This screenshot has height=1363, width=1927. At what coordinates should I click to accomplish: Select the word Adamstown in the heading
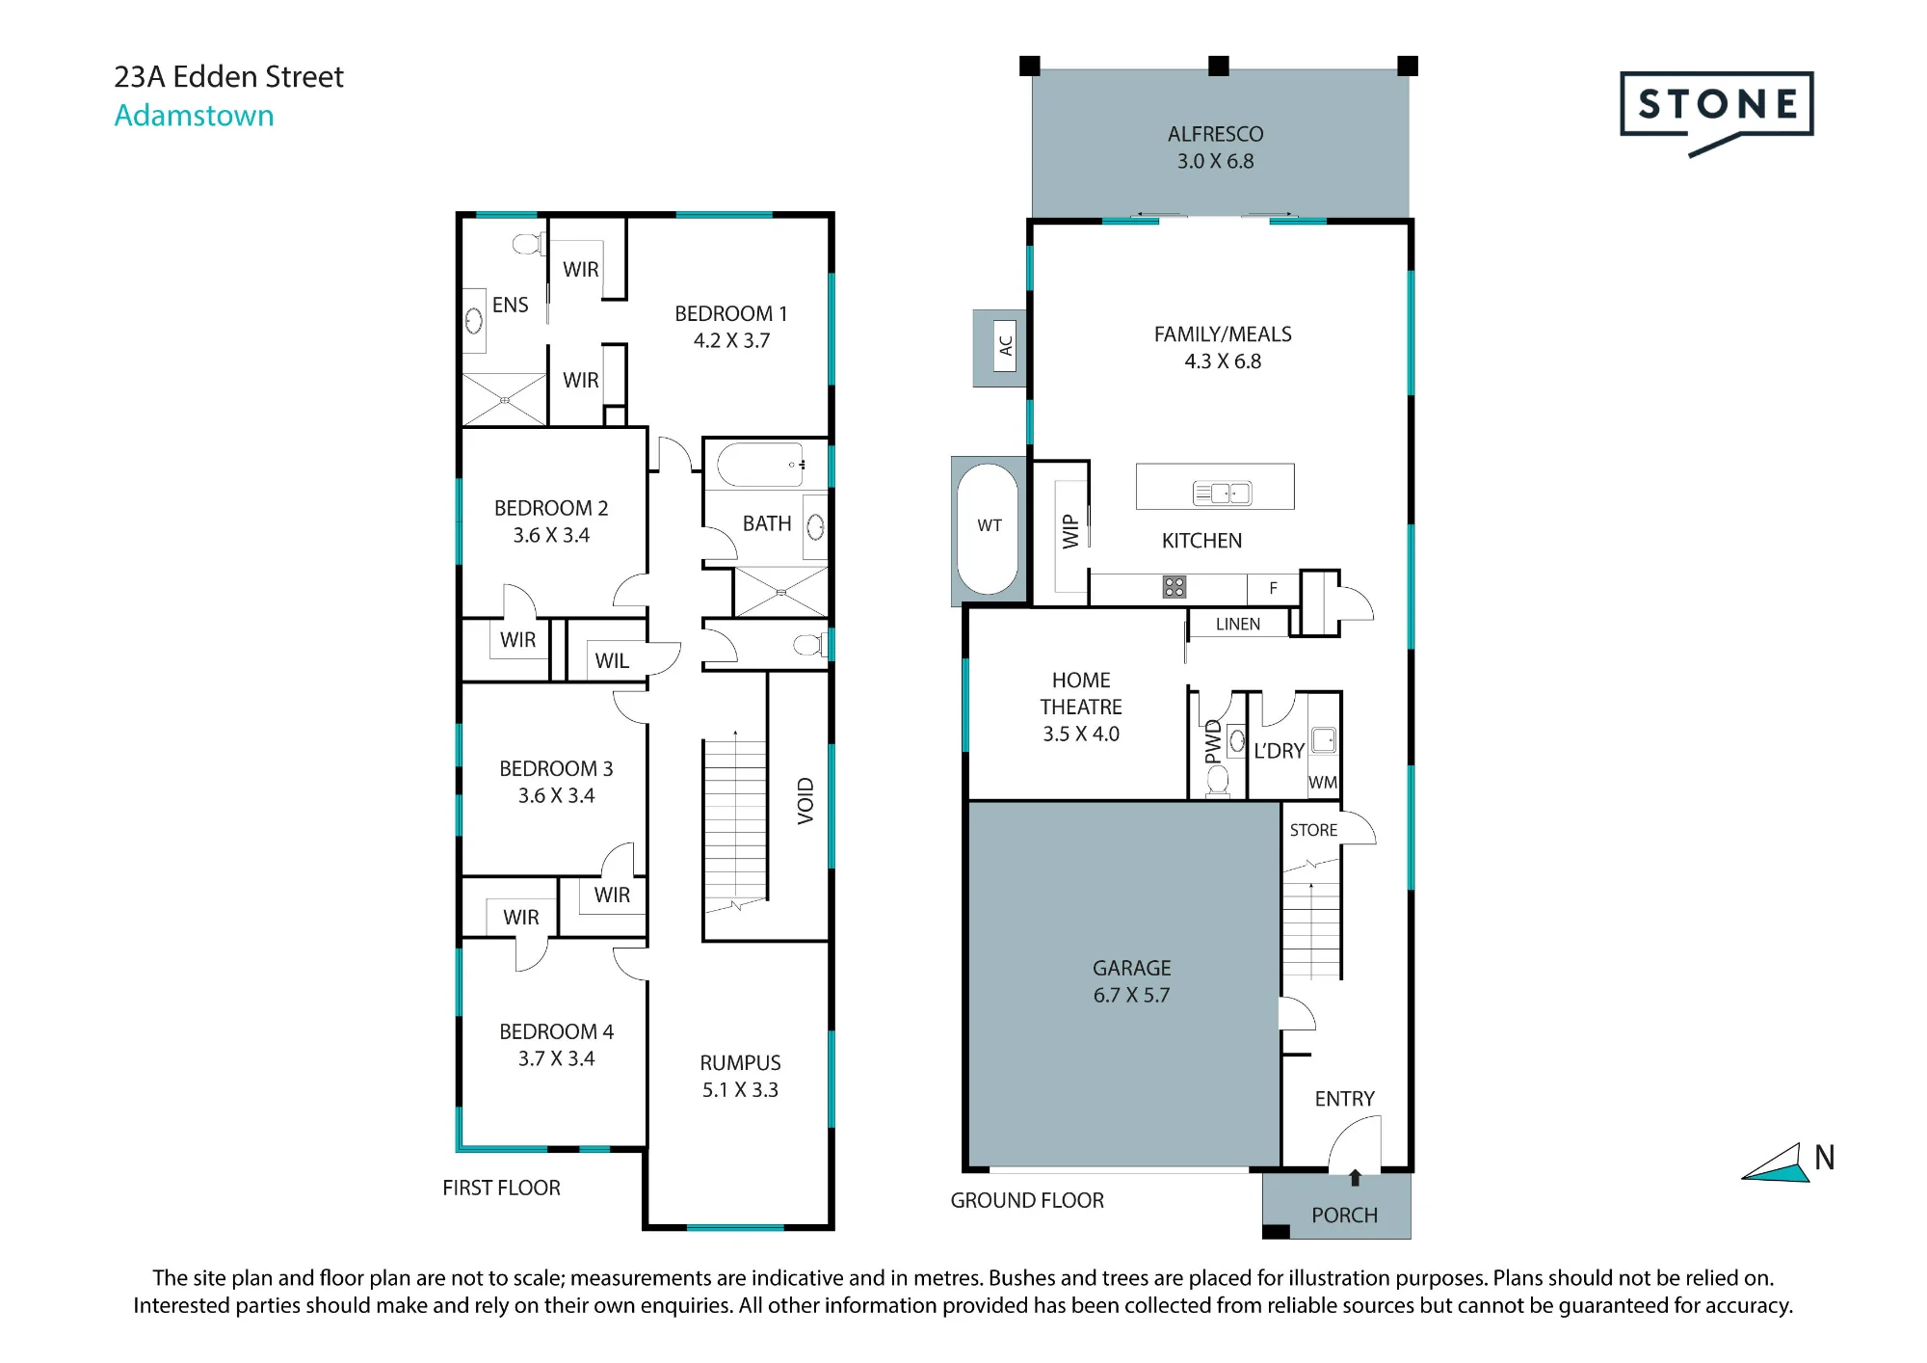194,116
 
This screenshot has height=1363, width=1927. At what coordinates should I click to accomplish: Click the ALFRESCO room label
1215,134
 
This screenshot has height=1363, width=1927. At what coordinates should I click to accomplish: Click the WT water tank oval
988,529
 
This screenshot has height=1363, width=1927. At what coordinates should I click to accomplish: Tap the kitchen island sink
1222,493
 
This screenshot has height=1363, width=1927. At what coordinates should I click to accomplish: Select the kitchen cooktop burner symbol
1174,587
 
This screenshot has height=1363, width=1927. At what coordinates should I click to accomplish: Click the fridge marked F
1273,588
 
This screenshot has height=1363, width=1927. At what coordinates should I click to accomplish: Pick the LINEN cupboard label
1237,625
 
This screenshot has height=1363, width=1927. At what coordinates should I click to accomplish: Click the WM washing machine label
1323,783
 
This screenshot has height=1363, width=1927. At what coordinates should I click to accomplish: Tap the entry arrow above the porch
1355,1177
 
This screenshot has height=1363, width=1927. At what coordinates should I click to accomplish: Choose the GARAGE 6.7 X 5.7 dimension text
1131,996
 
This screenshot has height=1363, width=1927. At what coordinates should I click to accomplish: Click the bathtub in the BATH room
760,466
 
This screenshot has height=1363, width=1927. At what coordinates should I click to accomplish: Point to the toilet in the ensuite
527,243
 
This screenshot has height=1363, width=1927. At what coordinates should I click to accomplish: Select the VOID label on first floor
805,801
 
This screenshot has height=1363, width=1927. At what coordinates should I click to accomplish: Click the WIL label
612,661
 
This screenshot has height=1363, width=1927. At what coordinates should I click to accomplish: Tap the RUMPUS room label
740,1063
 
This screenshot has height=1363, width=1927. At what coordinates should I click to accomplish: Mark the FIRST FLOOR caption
501,1189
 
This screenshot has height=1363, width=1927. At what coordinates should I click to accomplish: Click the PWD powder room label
1213,741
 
